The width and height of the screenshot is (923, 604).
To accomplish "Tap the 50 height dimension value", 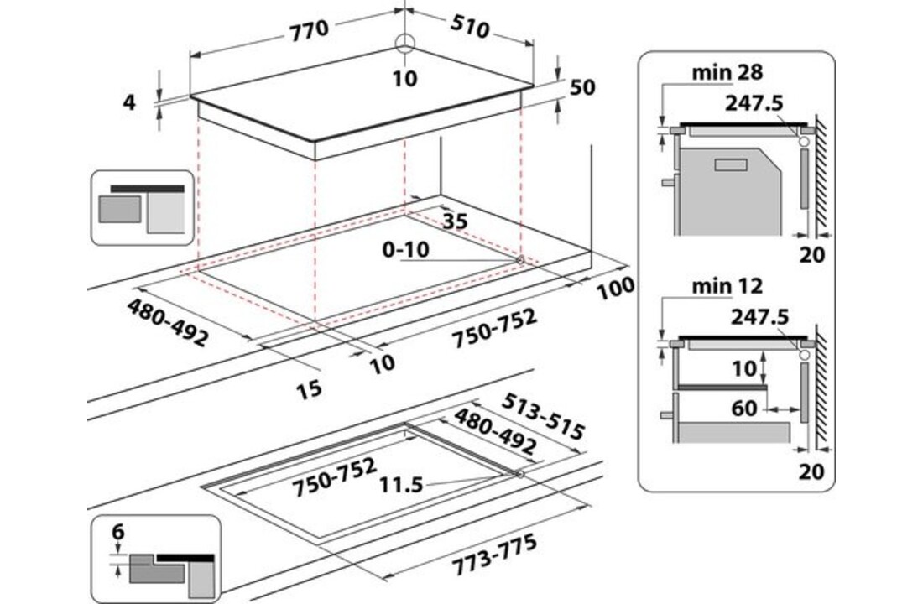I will [581, 87].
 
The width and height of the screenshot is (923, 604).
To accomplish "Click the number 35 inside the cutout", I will [453, 221].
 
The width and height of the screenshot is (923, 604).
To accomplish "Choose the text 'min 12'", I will [727, 286].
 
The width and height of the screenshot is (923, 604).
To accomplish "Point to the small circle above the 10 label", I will [404, 44].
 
